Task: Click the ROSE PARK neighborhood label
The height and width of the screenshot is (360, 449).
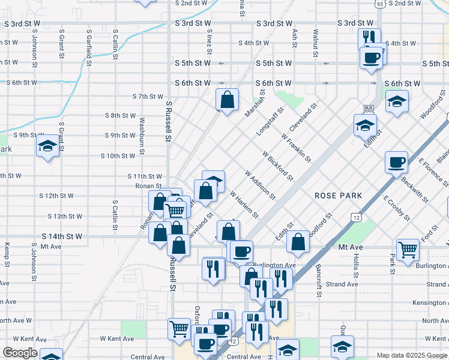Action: pyautogui.click(x=338, y=196)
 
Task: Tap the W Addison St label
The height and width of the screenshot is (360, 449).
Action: pyautogui.click(x=260, y=185)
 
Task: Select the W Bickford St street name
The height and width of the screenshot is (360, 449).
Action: pyautogui.click(x=277, y=166)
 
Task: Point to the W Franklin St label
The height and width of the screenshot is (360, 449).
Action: pyautogui.click(x=296, y=148)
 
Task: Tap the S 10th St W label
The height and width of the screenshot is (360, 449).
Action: pyautogui.click(x=118, y=156)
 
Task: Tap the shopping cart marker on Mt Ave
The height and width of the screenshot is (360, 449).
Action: pyautogui.click(x=408, y=248)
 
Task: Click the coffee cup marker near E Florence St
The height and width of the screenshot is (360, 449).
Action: pyautogui.click(x=396, y=161)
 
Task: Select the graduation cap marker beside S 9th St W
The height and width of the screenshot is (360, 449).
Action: pyautogui.click(x=47, y=146)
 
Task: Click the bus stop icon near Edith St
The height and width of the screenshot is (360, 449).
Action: pyautogui.click(x=369, y=109)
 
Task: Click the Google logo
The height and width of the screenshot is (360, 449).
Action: pyautogui.click(x=19, y=353)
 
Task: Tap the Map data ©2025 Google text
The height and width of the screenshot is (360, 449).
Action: pyautogui.click(x=411, y=355)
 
